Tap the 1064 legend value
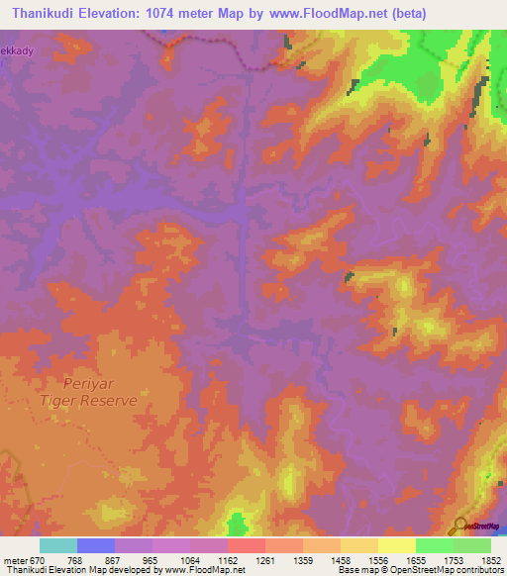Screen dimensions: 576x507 190,559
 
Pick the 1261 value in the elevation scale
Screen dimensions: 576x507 266,559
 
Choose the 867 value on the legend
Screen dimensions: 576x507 113,559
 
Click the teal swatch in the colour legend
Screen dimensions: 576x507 58,545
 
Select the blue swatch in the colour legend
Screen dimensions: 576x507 96,545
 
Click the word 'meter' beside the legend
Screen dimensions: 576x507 14,559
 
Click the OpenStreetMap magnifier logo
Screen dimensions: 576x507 460,526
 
